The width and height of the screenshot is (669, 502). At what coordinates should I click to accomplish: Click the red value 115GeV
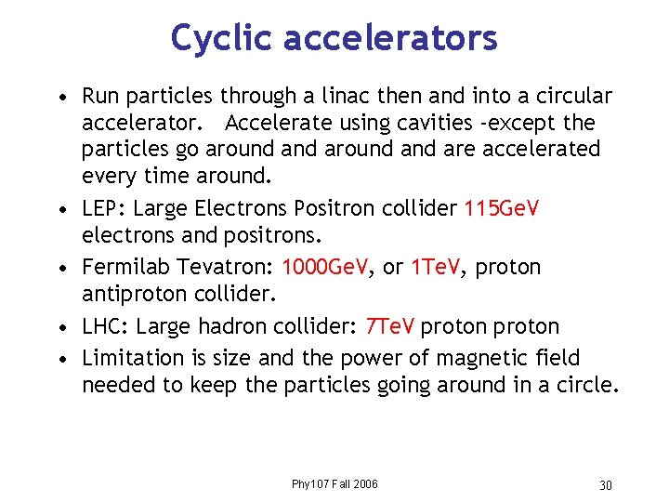point(501,209)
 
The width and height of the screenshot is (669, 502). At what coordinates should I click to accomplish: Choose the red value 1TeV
point(439,268)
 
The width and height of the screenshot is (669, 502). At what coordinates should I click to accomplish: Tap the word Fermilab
point(122,268)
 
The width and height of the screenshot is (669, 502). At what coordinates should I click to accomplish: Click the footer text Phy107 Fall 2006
point(334,484)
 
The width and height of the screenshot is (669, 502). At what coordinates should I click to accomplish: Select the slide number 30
point(605,485)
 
